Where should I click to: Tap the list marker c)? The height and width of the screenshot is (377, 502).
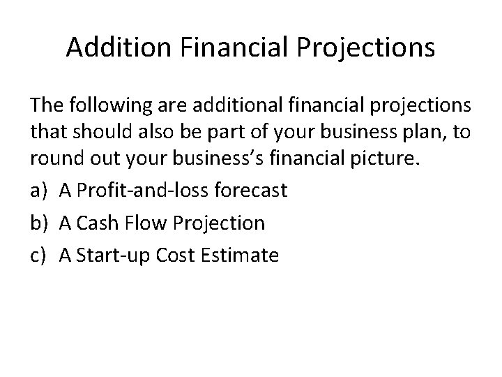pyautogui.click(x=38, y=255)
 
